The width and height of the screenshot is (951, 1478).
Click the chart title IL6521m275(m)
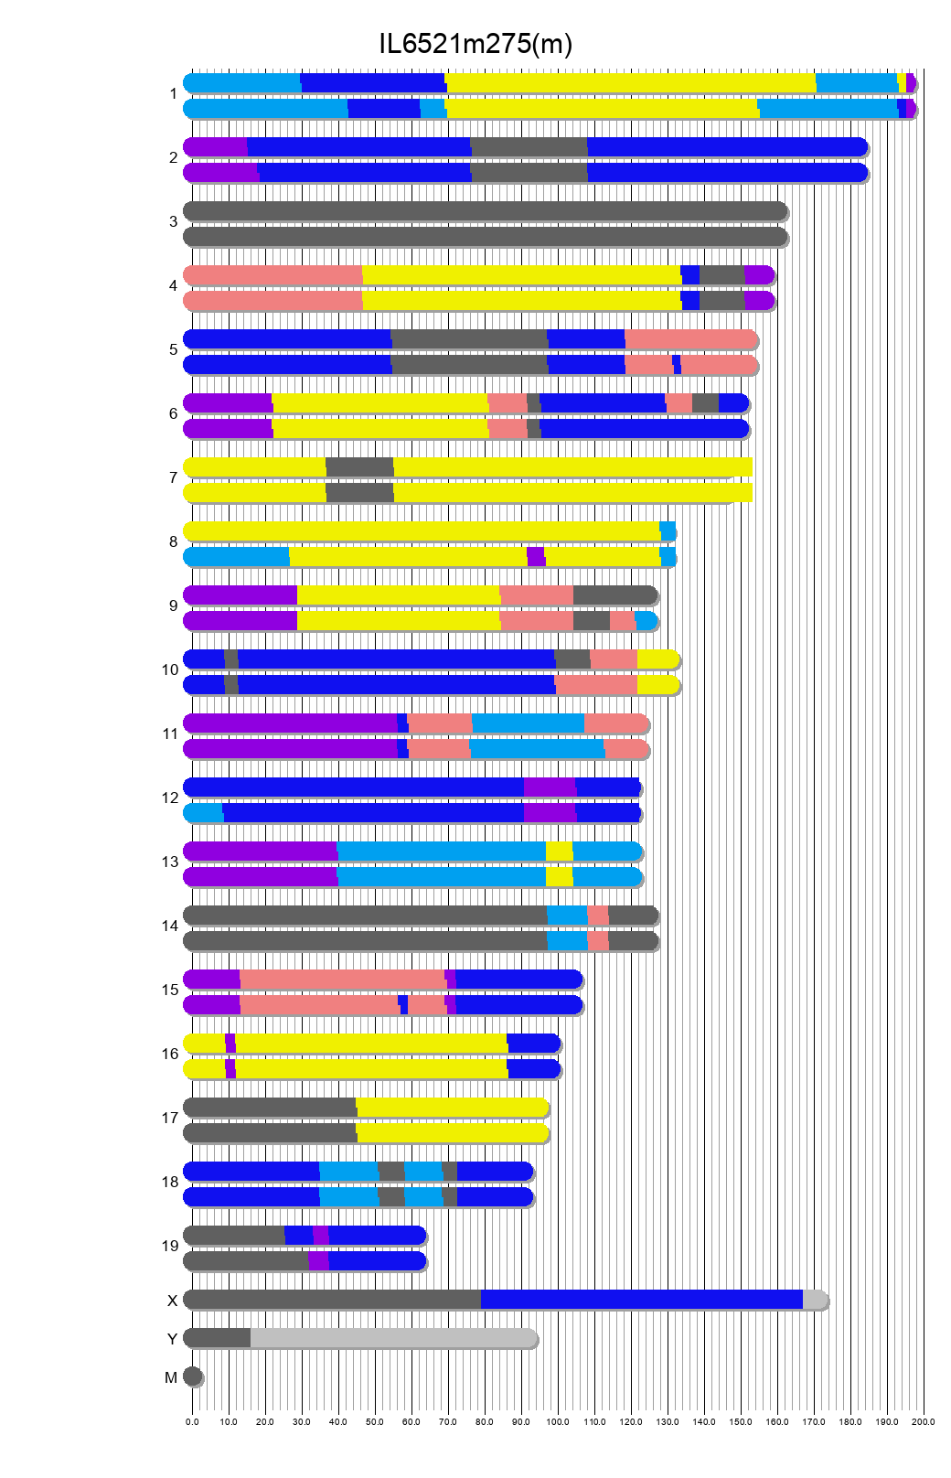(x=475, y=44)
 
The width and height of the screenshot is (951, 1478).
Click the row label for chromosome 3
(x=173, y=221)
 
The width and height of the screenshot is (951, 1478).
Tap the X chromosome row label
(x=172, y=1301)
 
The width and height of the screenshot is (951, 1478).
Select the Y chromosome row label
(x=172, y=1339)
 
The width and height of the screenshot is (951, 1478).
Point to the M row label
(x=171, y=1377)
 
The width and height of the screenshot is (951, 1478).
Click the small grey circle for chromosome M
(x=192, y=1376)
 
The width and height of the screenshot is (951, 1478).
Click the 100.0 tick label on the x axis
(x=558, y=1422)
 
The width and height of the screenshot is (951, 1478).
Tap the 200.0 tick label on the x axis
(x=924, y=1422)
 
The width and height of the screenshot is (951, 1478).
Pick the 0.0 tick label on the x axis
(x=192, y=1422)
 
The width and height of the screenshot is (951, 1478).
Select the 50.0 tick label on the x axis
(x=375, y=1422)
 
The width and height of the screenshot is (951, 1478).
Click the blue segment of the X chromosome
(x=640, y=1299)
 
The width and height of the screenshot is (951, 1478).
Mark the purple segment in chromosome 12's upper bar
(x=550, y=787)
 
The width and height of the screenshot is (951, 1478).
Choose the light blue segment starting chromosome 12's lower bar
(x=204, y=812)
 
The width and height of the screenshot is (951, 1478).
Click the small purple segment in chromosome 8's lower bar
(x=536, y=556)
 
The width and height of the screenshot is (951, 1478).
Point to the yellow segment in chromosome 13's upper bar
(x=559, y=851)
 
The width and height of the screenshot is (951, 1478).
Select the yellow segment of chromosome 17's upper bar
(x=452, y=1107)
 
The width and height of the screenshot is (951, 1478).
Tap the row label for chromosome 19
(x=170, y=1246)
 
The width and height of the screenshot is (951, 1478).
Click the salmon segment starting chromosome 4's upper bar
(x=272, y=274)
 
